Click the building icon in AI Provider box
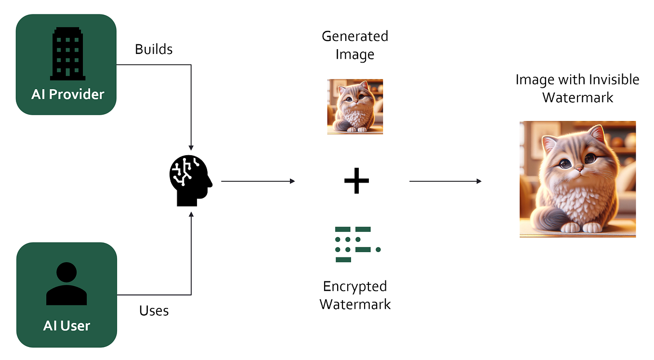(x=67, y=53)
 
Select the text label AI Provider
(x=67, y=94)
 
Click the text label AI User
(x=66, y=326)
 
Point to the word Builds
(x=154, y=49)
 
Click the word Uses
(x=154, y=310)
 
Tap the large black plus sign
(x=356, y=181)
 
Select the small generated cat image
(x=355, y=107)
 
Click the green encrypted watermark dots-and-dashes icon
(x=356, y=244)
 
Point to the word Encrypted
(x=355, y=286)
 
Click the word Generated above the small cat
(x=355, y=37)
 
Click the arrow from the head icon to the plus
(x=258, y=181)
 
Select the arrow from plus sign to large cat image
(x=445, y=181)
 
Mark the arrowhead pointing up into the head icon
(x=191, y=214)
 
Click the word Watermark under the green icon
(x=355, y=304)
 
